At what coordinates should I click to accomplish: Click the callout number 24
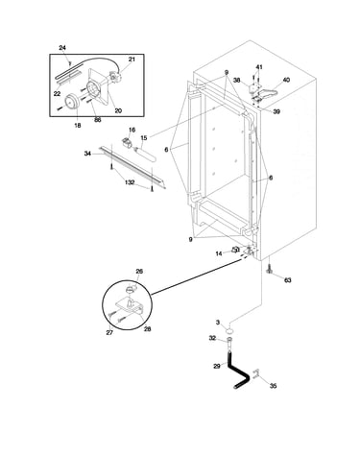pyautogui.click(x=62, y=48)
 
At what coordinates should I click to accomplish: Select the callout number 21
pyautogui.click(x=132, y=60)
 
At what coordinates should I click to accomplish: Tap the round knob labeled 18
pyautogui.click(x=71, y=101)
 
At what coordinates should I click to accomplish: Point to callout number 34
pyautogui.click(x=87, y=154)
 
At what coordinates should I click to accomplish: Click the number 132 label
pyautogui.click(x=130, y=182)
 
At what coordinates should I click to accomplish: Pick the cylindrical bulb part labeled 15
pyautogui.click(x=145, y=154)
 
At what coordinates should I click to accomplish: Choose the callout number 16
pyautogui.click(x=132, y=130)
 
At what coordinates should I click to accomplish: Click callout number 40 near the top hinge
pyautogui.click(x=286, y=80)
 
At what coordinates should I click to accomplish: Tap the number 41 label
pyautogui.click(x=259, y=67)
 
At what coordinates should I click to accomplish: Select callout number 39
pyautogui.click(x=276, y=111)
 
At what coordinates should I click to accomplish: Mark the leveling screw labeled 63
pyautogui.click(x=269, y=270)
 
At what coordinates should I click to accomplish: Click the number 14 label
pyautogui.click(x=219, y=253)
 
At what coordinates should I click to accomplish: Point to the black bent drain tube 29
pyautogui.click(x=238, y=372)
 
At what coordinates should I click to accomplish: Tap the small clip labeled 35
pyautogui.click(x=255, y=374)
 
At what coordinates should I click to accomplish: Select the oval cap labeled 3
pyautogui.click(x=229, y=330)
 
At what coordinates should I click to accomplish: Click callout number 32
pyautogui.click(x=212, y=338)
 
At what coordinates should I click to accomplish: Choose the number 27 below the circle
pyautogui.click(x=109, y=333)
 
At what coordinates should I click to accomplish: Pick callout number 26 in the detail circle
pyautogui.click(x=139, y=272)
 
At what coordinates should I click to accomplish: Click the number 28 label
pyautogui.click(x=147, y=329)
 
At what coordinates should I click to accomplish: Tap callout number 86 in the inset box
pyautogui.click(x=98, y=120)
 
